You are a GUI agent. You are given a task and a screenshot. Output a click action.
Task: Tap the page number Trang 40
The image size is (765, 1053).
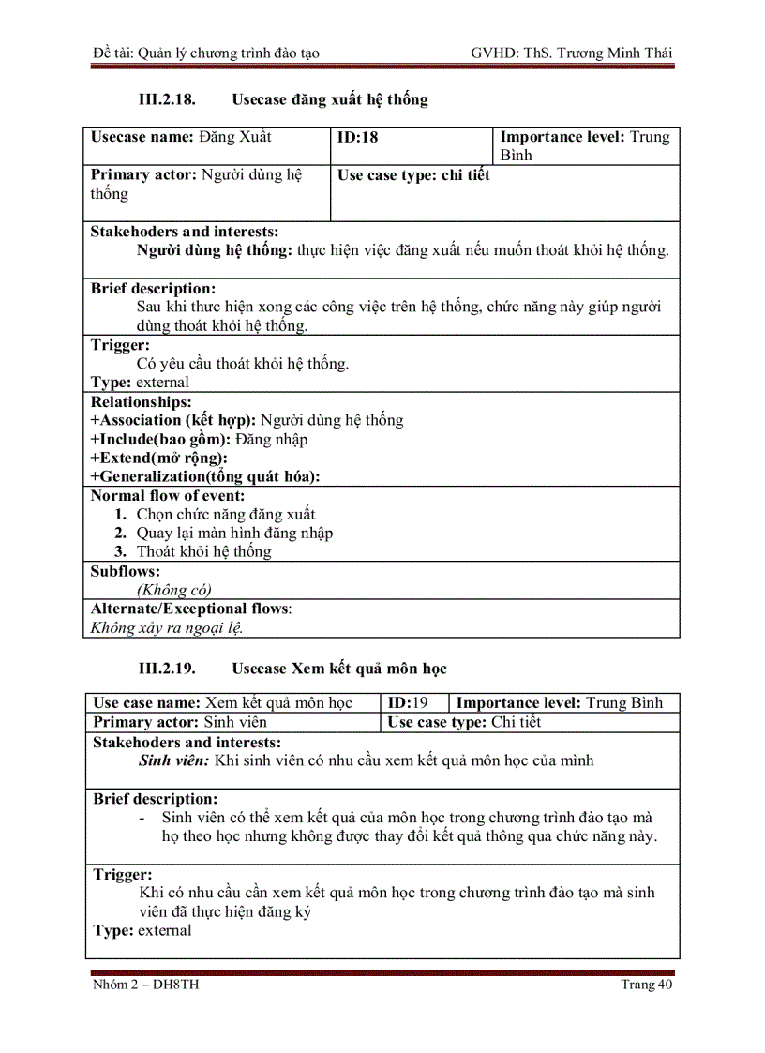pos(647,985)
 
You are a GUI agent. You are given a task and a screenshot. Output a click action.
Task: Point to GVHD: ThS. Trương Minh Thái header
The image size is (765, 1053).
pos(572,53)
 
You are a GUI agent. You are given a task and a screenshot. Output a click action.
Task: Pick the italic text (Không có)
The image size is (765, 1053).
pos(174,590)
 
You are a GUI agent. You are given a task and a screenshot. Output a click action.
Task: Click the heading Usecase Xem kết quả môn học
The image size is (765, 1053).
pos(339,669)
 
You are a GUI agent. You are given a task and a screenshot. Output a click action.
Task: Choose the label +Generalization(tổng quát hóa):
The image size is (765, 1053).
pos(204,476)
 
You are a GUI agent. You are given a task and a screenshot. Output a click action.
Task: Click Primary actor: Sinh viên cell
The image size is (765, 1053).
pos(180,722)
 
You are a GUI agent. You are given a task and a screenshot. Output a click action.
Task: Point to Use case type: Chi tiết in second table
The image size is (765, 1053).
pos(464,722)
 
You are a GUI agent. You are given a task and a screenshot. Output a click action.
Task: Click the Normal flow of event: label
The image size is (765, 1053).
pos(168,496)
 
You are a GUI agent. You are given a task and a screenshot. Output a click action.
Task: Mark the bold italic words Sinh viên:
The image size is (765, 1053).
pos(174,760)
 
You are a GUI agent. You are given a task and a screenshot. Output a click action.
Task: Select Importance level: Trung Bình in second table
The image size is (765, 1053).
pos(559,703)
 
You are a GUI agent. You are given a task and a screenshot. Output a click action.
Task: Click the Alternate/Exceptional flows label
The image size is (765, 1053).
pos(190,609)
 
